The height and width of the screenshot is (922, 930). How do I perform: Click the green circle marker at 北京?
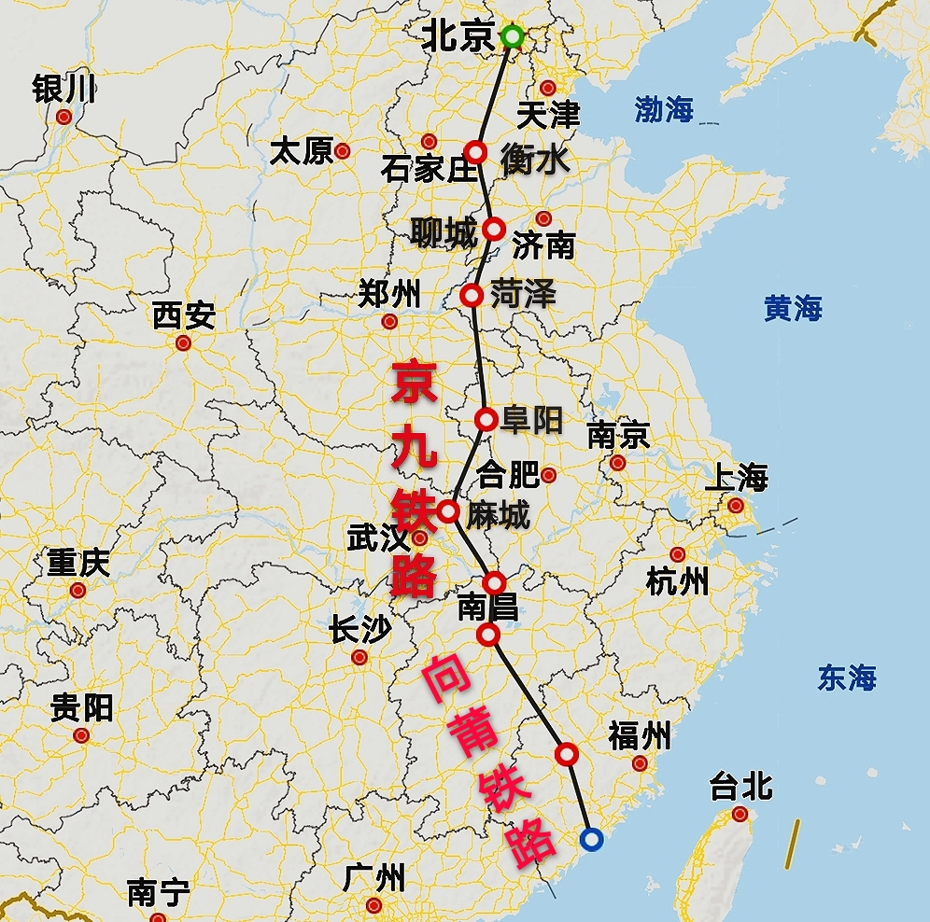click(512, 37)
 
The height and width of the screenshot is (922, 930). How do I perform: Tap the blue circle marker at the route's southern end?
click(590, 839)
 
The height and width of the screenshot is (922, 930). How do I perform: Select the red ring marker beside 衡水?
click(476, 152)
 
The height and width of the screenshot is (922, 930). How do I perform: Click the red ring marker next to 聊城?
click(494, 229)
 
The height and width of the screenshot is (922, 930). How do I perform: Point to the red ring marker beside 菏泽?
click(472, 296)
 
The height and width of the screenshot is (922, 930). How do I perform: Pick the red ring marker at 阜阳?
click(486, 420)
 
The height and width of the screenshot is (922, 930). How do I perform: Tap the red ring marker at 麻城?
click(448, 511)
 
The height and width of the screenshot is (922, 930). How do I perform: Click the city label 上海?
click(736, 479)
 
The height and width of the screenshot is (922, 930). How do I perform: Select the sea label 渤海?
click(664, 109)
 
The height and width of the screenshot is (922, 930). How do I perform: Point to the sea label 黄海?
click(793, 308)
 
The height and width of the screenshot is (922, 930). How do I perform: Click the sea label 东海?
click(847, 678)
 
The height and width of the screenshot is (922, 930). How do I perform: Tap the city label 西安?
click(184, 316)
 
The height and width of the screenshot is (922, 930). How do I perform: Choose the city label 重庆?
click(78, 564)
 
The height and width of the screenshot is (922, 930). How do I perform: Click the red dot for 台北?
click(740, 815)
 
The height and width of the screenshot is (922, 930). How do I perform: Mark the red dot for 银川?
click(63, 117)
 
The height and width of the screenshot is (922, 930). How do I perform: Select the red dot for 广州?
click(374, 905)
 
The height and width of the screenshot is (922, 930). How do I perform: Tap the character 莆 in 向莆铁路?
click(464, 733)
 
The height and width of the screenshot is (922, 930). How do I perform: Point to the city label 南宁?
click(158, 893)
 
